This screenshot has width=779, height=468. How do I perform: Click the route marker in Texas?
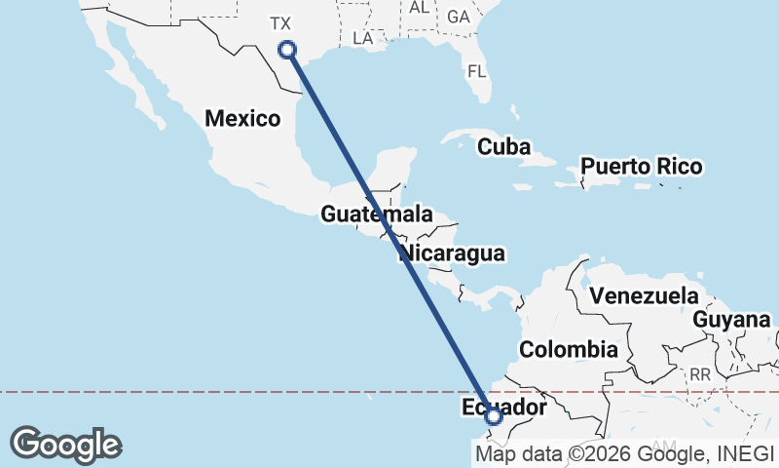[287, 50]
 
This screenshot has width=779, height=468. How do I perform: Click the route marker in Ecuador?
[494, 416]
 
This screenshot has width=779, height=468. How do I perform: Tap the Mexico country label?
[242, 119]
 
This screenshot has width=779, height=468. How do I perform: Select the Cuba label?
[503, 147]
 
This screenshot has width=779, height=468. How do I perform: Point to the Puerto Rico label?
[641, 167]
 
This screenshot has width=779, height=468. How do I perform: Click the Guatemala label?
[376, 214]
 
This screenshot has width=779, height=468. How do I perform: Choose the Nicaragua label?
[452, 253]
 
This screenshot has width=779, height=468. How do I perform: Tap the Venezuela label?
[645, 295]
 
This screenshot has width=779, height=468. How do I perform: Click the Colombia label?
[568, 349]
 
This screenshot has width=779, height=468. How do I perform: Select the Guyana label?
[731, 319]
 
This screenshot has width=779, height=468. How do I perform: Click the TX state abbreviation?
[280, 22]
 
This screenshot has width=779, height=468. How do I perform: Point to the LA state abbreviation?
[363, 38]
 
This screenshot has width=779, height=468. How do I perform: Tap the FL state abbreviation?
[476, 71]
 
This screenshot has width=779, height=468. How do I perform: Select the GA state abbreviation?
[457, 17]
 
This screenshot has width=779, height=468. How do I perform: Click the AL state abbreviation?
[419, 7]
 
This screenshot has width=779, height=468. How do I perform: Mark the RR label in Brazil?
[699, 373]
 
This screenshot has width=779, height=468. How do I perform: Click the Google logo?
[66, 444]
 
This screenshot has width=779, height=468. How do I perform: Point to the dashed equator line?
[195, 392]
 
